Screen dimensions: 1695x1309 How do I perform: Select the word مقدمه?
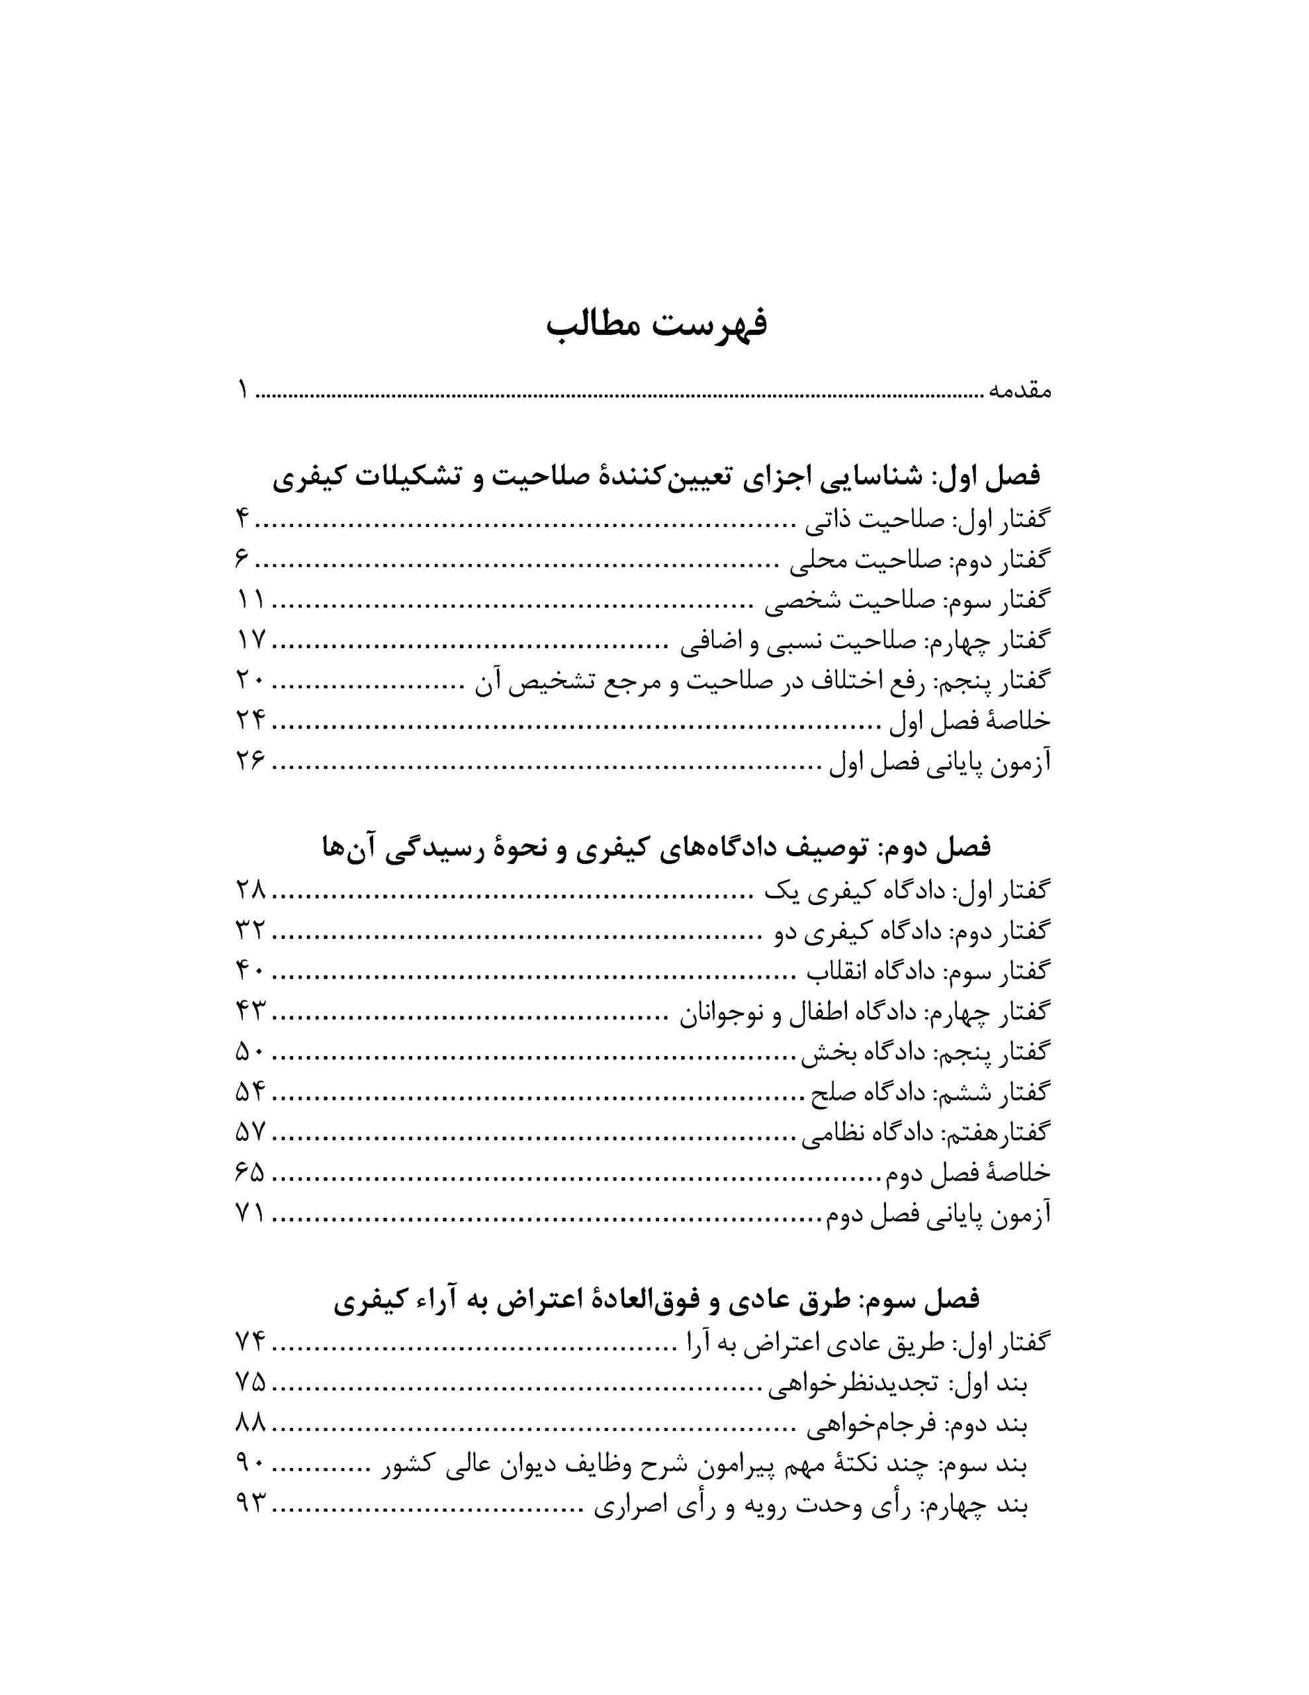coord(1018,391)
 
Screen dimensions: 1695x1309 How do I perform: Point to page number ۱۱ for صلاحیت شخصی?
coord(250,600)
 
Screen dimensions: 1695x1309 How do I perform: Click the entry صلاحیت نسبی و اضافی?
coord(864,641)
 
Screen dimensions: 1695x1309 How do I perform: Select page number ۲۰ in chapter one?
coord(250,681)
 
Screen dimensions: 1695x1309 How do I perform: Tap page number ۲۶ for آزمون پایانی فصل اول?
coord(250,762)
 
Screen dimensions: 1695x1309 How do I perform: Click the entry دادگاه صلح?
coord(930,1094)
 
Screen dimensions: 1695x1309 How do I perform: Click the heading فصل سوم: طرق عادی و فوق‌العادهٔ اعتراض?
coord(656,1299)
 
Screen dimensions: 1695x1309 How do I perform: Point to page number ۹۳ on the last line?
coord(250,1506)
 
